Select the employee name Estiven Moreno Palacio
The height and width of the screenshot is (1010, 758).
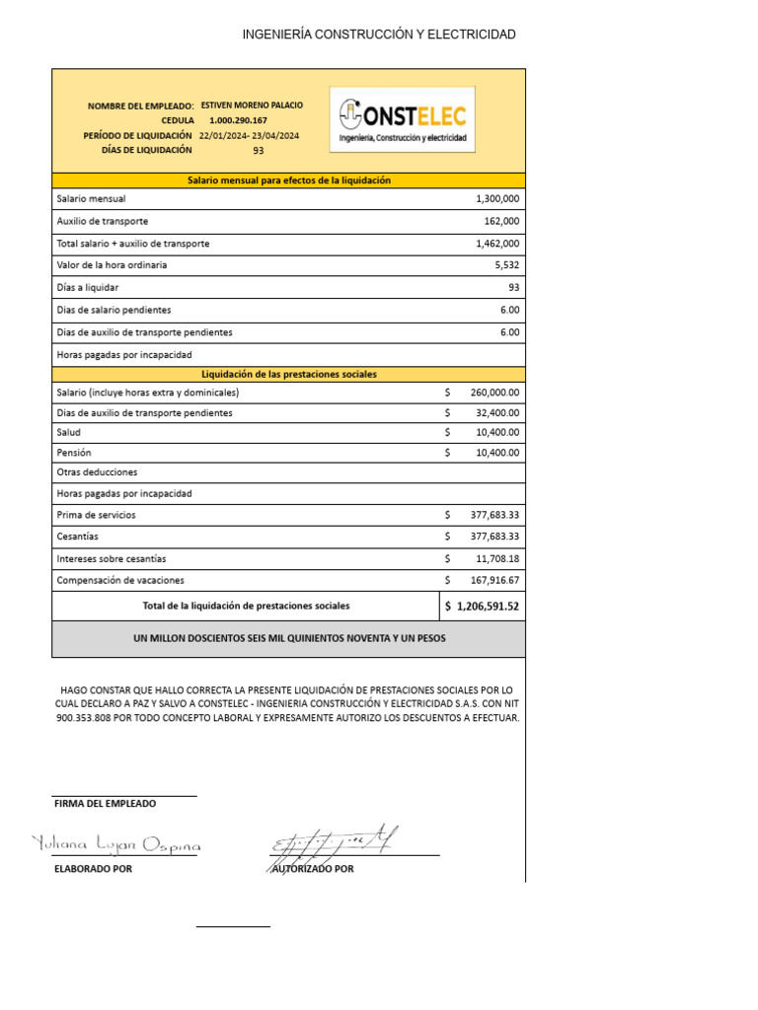click(x=252, y=105)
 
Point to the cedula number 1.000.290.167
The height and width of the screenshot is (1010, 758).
click(x=238, y=120)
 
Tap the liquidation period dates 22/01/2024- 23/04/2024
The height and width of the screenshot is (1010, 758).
click(x=250, y=135)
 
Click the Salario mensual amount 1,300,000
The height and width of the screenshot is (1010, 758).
click(x=497, y=199)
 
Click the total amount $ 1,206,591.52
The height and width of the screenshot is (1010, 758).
click(x=483, y=607)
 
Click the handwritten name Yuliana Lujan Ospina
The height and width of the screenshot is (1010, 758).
click(x=116, y=845)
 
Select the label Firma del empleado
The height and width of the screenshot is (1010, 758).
click(x=105, y=804)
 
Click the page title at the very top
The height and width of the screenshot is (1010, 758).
click(x=379, y=35)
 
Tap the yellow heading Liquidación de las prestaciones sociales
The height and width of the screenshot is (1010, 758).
click(x=289, y=375)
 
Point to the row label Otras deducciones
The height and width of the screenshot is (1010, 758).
click(x=98, y=472)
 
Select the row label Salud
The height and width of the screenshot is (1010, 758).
click(x=69, y=433)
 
